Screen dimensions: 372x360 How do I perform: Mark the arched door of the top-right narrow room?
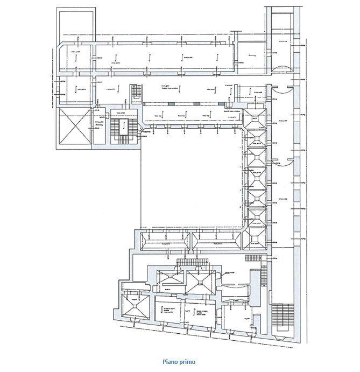point(281,68)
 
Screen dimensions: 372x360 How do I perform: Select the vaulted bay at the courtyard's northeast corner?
point(254,118)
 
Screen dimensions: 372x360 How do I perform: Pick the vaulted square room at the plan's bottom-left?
point(133,307)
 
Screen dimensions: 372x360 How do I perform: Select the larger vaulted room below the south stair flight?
point(201,280)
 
